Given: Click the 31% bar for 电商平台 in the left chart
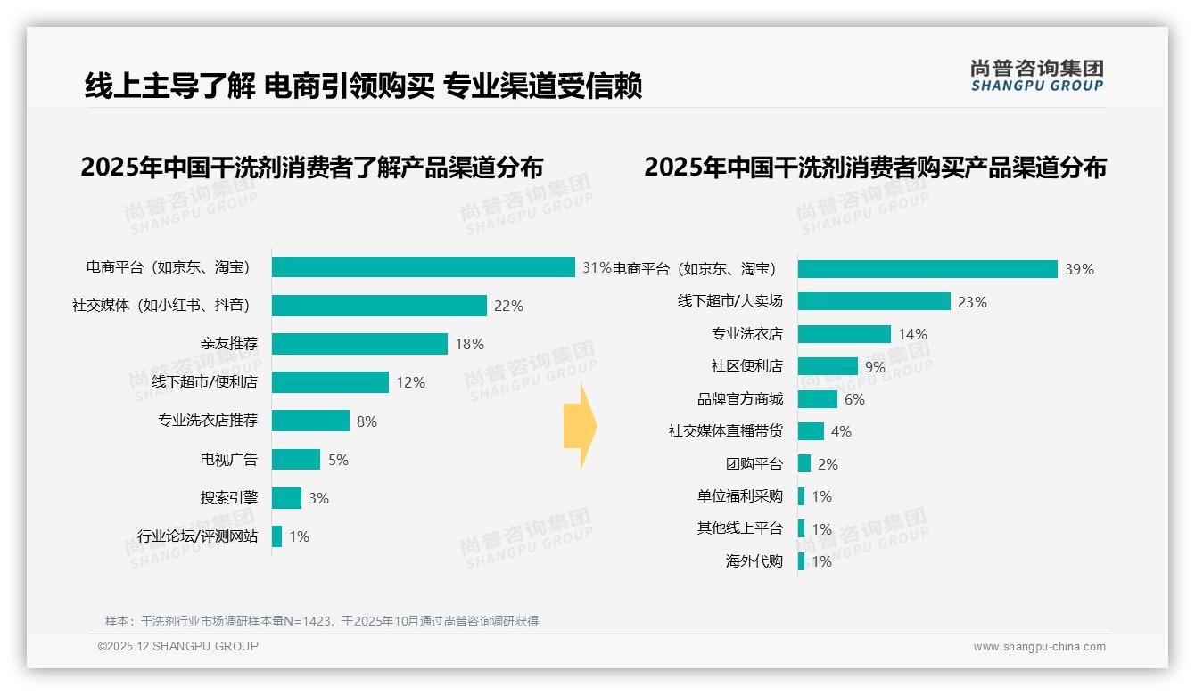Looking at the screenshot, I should click(423, 267).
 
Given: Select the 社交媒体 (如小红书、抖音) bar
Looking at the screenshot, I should click(379, 306).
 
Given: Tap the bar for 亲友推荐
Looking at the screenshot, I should click(359, 344).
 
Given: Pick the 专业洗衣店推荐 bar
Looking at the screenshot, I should click(310, 421).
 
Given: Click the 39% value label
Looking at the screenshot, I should click(1079, 269).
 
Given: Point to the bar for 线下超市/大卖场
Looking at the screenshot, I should click(874, 301).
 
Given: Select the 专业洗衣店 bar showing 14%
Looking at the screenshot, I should click(844, 334).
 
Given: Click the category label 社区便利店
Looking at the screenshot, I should click(746, 366).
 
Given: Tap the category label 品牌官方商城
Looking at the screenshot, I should click(739, 399).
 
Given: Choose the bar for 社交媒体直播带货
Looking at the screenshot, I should click(811, 431).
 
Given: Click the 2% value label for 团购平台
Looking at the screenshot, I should click(828, 464).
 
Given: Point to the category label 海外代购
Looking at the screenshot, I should click(754, 561).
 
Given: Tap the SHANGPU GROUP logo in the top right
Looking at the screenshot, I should click(1037, 76).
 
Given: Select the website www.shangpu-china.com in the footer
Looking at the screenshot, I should click(1039, 647).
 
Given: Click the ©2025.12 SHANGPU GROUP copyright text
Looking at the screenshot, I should click(178, 646).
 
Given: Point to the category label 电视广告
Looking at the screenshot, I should click(228, 460).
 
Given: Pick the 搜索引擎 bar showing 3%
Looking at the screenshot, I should click(286, 498).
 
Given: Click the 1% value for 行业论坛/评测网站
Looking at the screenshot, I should click(300, 536).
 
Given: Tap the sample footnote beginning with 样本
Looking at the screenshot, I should click(322, 621).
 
